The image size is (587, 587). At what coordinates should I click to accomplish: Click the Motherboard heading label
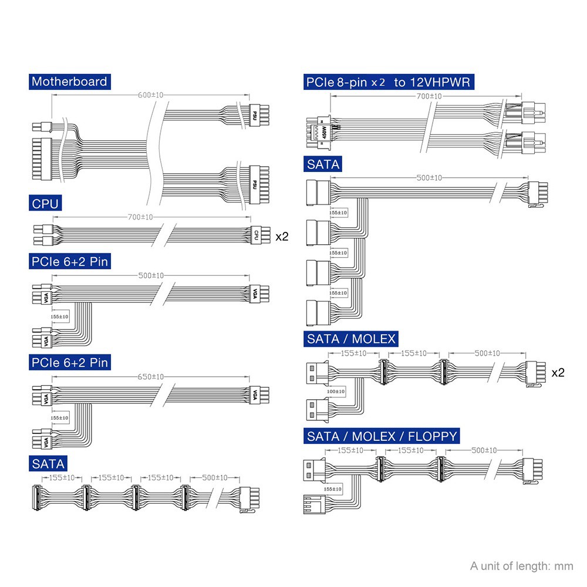(69, 82)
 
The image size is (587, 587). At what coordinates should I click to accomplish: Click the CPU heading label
(45, 204)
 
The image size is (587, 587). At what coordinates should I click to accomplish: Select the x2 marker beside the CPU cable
(282, 237)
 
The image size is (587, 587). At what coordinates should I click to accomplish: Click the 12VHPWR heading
(388, 82)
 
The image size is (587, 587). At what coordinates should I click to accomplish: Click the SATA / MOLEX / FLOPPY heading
(382, 436)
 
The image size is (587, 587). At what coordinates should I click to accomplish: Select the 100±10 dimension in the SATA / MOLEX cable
(336, 391)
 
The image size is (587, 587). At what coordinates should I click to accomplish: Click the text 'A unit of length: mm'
(521, 566)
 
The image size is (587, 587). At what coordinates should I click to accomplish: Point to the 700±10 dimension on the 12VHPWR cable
(427, 96)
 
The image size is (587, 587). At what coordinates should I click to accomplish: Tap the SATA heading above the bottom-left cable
(49, 464)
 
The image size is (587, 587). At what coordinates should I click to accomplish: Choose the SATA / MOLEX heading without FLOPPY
(351, 339)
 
